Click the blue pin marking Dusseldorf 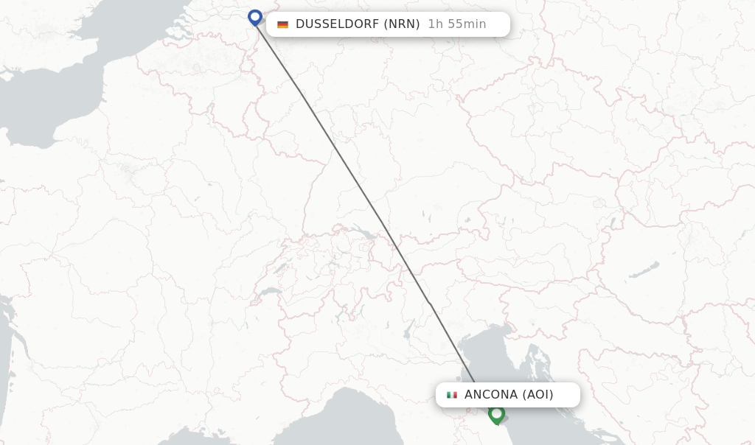pyautogui.click(x=255, y=17)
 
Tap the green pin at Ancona pyautogui.click(x=496, y=414)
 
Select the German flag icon pyautogui.click(x=282, y=24)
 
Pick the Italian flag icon pyautogui.click(x=452, y=395)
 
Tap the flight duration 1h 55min pyautogui.click(x=457, y=24)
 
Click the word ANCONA pyautogui.click(x=491, y=395)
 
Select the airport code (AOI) pyautogui.click(x=538, y=395)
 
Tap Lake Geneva pyautogui.click(x=270, y=292)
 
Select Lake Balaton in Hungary pyautogui.click(x=644, y=270)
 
